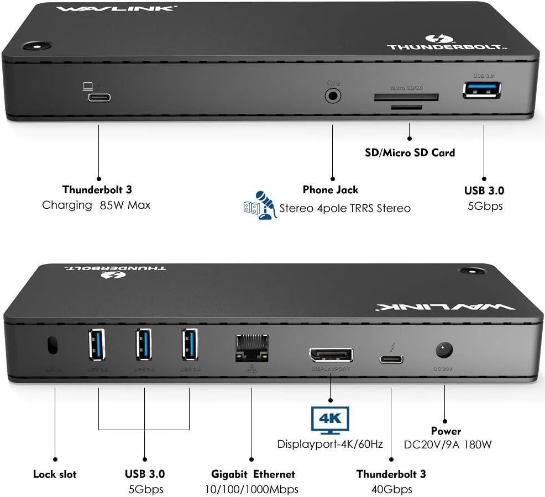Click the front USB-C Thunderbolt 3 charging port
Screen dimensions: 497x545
point(99,98)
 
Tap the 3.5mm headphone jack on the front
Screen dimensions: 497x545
point(333,96)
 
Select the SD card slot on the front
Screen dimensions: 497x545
point(406,97)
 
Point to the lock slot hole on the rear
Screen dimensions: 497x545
point(53,345)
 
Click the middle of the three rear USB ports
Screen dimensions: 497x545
point(144,345)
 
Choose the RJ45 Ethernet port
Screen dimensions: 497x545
point(251,349)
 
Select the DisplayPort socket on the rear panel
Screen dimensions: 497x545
point(331,355)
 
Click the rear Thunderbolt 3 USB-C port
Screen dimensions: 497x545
point(391,359)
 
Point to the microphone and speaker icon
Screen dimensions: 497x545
point(260,205)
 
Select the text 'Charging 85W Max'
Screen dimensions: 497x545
point(96,205)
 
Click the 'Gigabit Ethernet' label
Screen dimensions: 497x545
point(253,474)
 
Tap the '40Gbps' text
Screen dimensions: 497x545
point(391,489)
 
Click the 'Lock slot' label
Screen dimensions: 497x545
point(55,474)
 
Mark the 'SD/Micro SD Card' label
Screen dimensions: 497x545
point(410,152)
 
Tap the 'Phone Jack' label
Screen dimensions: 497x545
point(331,190)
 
